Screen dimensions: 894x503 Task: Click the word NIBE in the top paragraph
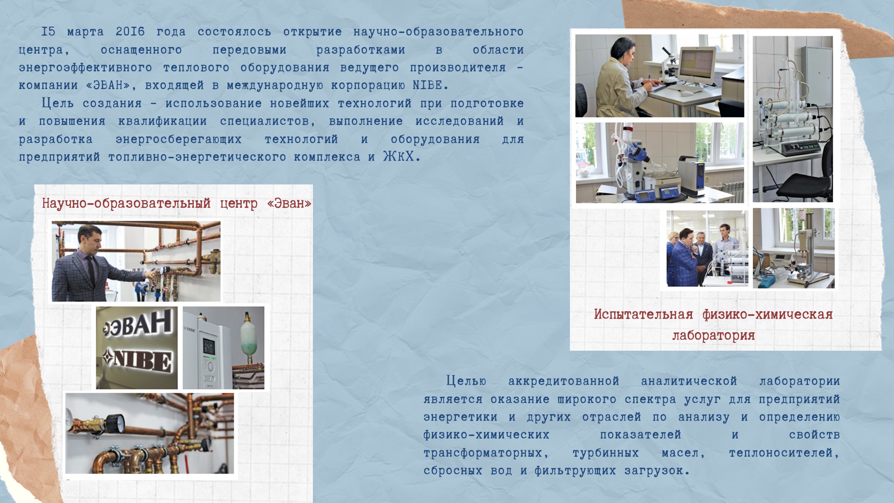[427, 85]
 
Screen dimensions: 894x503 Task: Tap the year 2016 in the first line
[130, 32]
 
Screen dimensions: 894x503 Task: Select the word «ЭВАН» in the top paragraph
[108, 85]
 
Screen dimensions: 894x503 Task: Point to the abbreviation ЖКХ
[399, 156]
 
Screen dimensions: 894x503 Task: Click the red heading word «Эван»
[289, 204]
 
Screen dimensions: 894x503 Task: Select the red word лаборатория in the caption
[713, 336]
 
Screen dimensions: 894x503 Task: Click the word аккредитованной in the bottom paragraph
[564, 381]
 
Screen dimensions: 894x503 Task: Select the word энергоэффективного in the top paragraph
[85, 68]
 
